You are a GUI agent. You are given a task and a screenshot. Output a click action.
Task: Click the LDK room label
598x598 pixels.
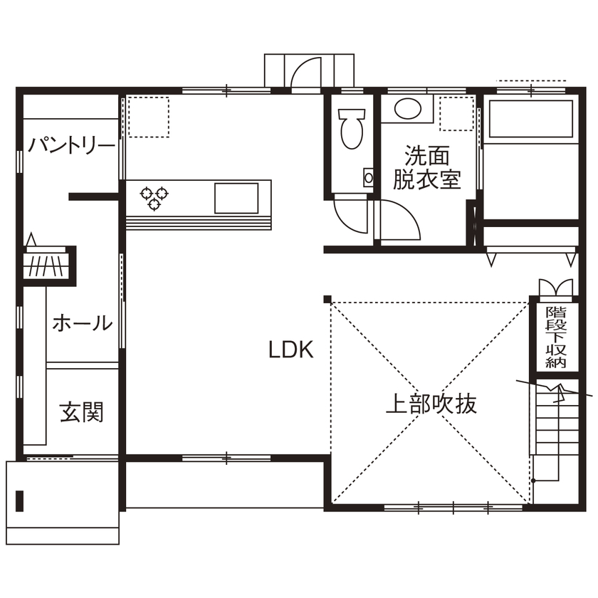pyautogui.click(x=290, y=350)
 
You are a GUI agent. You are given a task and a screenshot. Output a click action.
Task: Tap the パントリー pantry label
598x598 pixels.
pyautogui.click(x=71, y=146)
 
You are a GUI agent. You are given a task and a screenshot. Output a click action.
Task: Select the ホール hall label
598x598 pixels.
pyautogui.click(x=82, y=323)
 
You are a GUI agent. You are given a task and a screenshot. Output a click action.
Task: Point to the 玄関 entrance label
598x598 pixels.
pyautogui.click(x=81, y=411)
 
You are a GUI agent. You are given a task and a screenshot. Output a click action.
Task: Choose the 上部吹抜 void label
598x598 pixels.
pyautogui.click(x=431, y=404)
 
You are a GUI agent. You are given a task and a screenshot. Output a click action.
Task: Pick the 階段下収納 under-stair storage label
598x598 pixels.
pyautogui.click(x=555, y=337)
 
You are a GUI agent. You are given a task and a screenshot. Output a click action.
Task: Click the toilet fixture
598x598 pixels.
pyautogui.click(x=351, y=128)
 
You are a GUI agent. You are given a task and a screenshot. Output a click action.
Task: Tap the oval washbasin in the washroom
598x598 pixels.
pyautogui.click(x=408, y=109)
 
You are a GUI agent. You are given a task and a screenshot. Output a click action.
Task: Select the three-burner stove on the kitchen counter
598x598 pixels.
pyautogui.click(x=154, y=196)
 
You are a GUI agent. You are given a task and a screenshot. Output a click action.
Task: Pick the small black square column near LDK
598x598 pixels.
pyautogui.click(x=327, y=298)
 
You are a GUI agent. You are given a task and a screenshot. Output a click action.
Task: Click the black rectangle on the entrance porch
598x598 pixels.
pyautogui.click(x=20, y=501)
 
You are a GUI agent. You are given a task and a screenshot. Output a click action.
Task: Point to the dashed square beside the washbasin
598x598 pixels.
pyautogui.click(x=456, y=112)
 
